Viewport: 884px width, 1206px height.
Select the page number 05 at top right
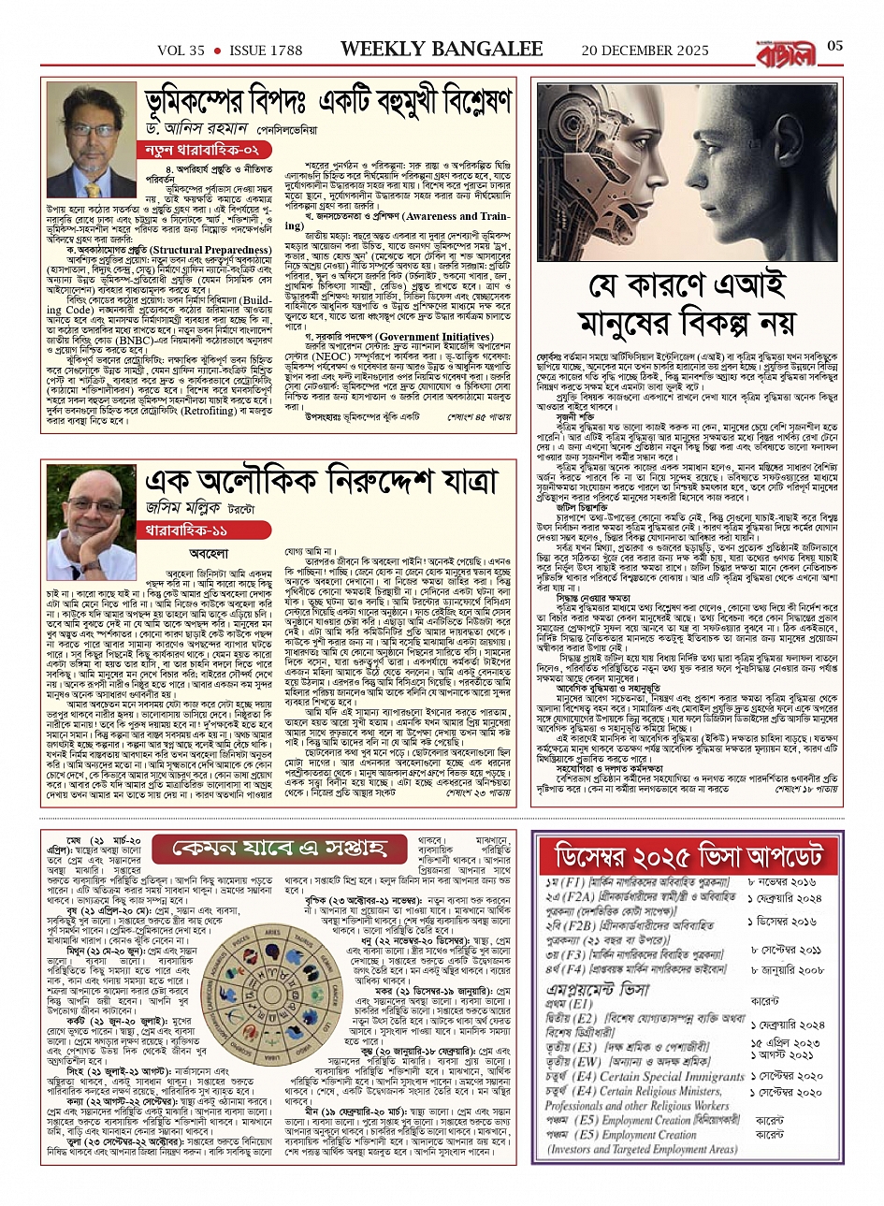point(834,47)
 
